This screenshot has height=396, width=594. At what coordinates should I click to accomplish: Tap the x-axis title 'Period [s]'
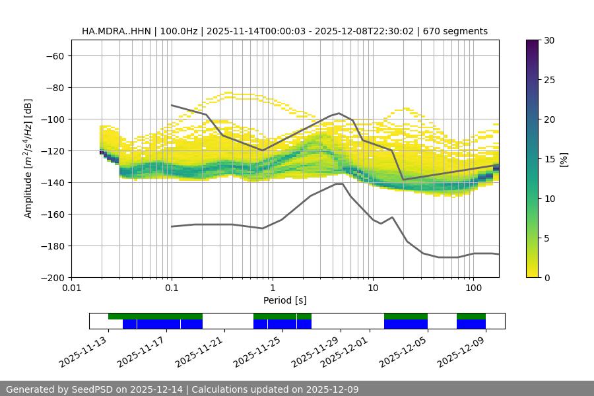pyautogui.click(x=285, y=300)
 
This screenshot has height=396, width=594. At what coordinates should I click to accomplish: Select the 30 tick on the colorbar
pyautogui.click(x=549, y=40)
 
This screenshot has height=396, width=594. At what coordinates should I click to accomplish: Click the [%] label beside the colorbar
pyautogui.click(x=564, y=159)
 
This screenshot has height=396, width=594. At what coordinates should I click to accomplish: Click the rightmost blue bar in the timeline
pyautogui.click(x=471, y=324)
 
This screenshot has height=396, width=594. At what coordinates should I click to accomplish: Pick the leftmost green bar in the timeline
pyautogui.click(x=155, y=316)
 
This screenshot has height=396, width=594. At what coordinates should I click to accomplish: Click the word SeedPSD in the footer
pyautogui.click(x=96, y=389)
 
